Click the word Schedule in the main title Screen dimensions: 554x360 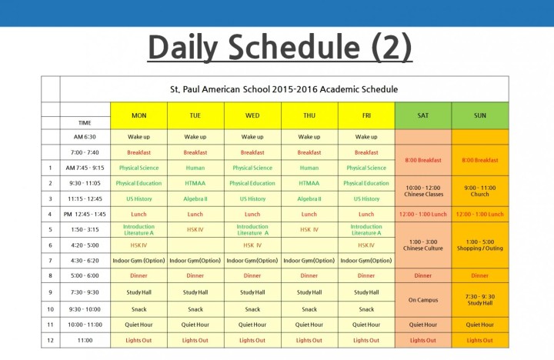(294, 47)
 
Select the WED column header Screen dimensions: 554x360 (252, 115)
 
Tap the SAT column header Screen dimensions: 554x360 (423, 115)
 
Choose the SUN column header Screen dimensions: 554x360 (480, 115)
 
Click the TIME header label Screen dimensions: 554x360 (85, 123)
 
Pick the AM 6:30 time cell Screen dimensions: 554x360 (85, 137)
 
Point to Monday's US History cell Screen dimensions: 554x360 (138, 199)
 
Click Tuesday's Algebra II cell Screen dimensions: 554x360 (195, 199)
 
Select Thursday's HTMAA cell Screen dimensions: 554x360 (309, 183)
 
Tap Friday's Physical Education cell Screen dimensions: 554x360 (366, 183)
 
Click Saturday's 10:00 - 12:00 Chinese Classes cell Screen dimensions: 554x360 (423, 191)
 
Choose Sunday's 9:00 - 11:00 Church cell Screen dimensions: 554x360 (480, 191)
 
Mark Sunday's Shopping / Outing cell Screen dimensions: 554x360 (480, 245)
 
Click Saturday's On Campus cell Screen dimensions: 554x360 (423, 300)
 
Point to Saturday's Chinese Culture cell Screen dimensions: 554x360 (423, 245)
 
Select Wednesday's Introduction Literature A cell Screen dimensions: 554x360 (252, 230)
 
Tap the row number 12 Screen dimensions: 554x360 (50, 340)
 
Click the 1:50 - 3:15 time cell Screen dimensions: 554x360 (85, 230)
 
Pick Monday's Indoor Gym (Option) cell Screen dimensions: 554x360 (138, 260)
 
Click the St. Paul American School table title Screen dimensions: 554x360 (284, 89)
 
